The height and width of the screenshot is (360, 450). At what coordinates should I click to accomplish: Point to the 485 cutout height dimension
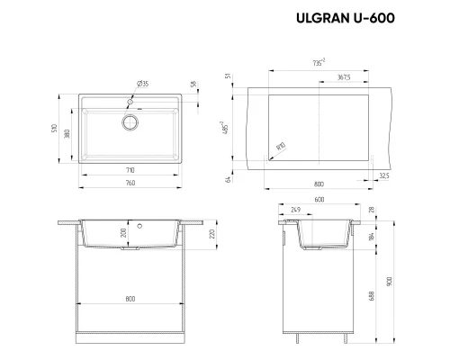click(222, 128)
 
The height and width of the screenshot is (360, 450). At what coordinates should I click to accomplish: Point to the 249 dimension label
click(297, 211)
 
